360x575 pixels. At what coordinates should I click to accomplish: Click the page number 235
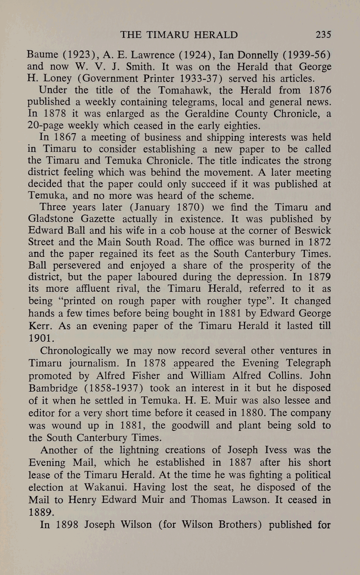click(x=323, y=35)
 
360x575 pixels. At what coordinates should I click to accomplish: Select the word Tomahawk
click(x=183, y=90)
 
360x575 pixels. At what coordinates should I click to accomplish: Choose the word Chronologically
click(x=76, y=351)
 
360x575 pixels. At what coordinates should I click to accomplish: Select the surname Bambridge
click(x=53, y=388)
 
